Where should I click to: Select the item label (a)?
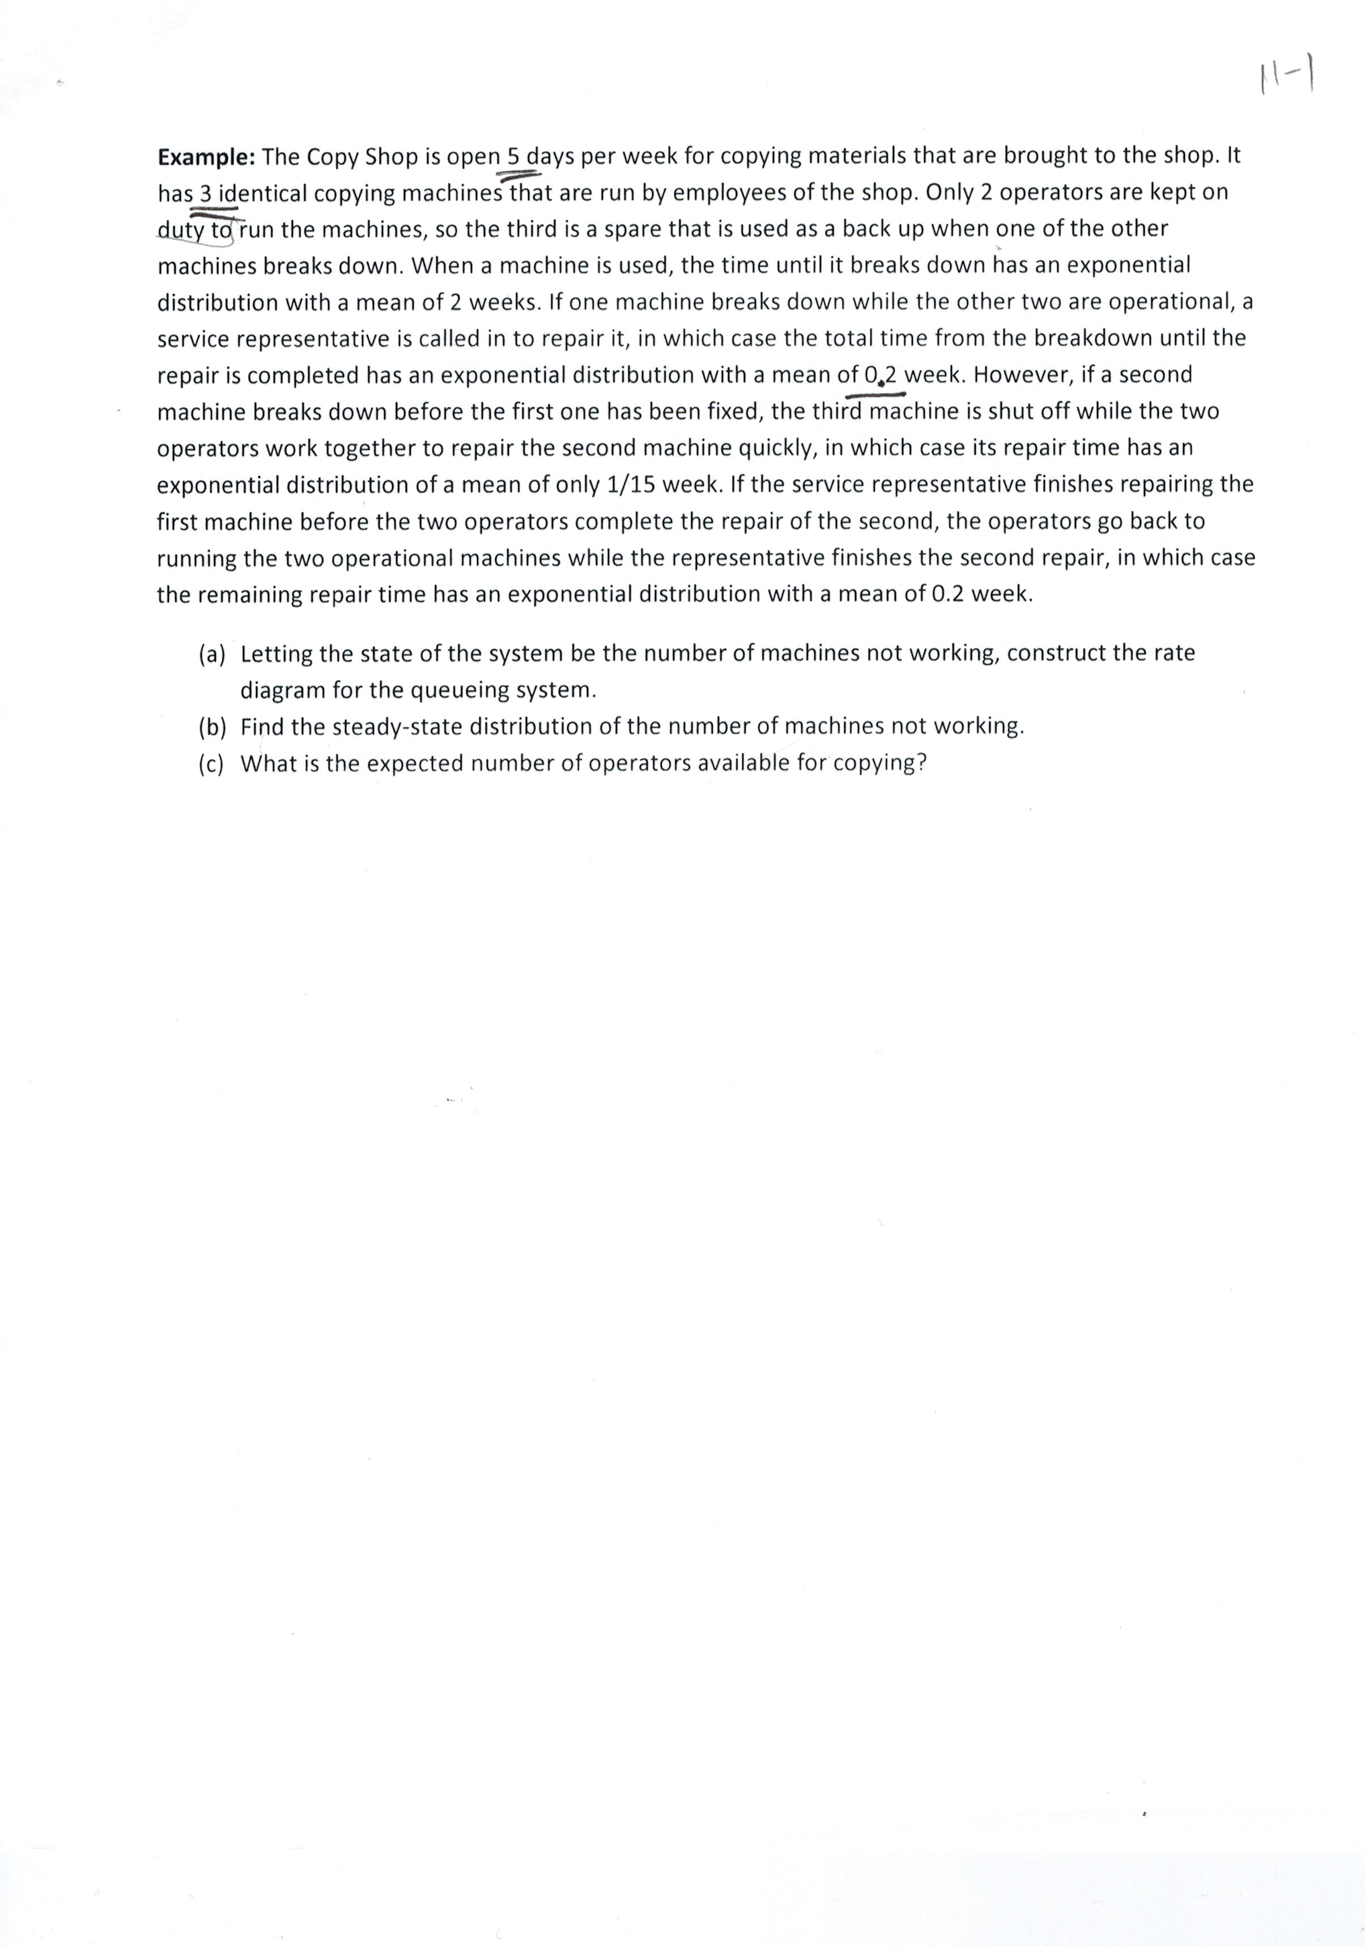(212, 654)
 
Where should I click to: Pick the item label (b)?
(212, 727)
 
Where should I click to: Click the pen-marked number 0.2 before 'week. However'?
(882, 374)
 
